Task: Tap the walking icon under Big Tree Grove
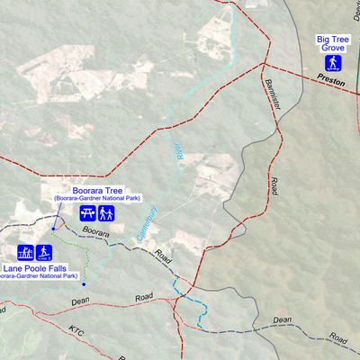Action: (x=333, y=63)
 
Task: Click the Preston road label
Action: (x=331, y=81)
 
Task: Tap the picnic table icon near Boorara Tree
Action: (x=87, y=213)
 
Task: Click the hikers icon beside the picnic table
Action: (x=106, y=213)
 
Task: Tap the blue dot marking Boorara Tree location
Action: (x=53, y=231)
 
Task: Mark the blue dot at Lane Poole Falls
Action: (x=84, y=283)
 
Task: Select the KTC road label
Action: (x=76, y=330)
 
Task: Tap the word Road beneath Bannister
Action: (x=273, y=186)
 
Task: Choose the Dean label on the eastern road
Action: (x=283, y=319)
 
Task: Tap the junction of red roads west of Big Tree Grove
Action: (x=262, y=65)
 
